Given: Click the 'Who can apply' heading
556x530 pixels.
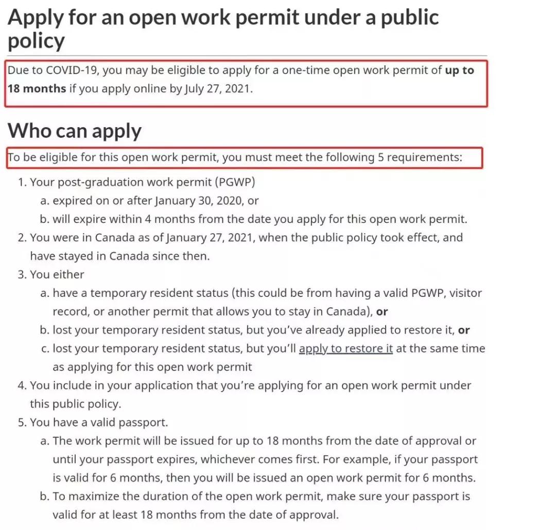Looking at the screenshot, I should [x=74, y=131].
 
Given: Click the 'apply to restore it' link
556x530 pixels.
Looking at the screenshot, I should [x=345, y=348].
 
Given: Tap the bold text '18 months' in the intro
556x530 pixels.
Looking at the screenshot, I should [x=37, y=89].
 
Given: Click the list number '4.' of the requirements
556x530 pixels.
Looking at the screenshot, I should [x=22, y=385].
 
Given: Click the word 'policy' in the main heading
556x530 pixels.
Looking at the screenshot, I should [x=36, y=41].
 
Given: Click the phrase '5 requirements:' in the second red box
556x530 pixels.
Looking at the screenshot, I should [x=420, y=157].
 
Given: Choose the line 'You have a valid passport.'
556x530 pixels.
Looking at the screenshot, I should [x=99, y=422].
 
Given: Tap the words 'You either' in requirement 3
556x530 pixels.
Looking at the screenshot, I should [x=57, y=274].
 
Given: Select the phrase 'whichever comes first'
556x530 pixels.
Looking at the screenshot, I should [x=262, y=459].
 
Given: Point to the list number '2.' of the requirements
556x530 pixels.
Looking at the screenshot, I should [x=22, y=238].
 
